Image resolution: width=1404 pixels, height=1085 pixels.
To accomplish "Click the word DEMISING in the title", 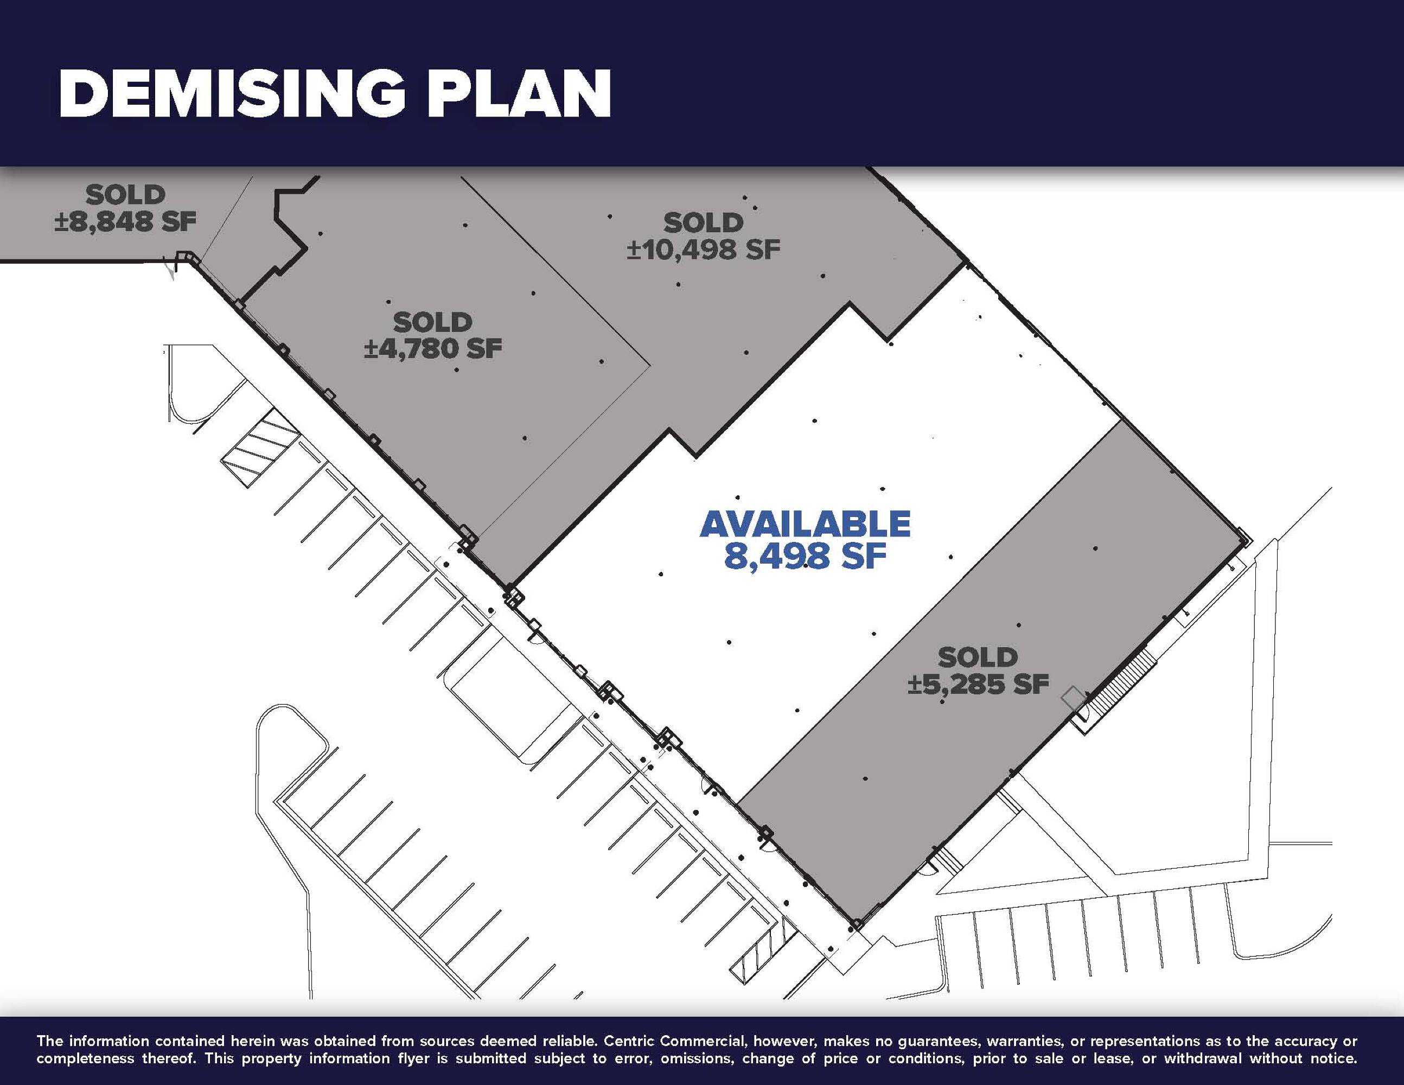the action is click(232, 94).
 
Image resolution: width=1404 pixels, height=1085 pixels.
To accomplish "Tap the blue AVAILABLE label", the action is click(806, 524).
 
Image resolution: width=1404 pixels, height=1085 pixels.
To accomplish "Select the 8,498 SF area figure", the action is click(806, 556).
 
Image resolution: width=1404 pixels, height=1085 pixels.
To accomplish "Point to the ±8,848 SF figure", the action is click(125, 222).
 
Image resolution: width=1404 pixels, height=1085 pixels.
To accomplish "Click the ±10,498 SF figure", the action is click(703, 250).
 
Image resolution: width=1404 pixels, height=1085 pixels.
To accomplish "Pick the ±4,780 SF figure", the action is click(432, 349).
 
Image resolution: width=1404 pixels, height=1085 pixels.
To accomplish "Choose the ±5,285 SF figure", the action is click(978, 685).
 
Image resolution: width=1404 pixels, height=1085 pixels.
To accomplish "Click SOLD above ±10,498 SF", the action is click(703, 223).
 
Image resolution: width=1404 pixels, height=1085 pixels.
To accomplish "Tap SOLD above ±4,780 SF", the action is click(432, 322).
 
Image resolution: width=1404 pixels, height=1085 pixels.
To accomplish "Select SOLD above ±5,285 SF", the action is click(978, 658).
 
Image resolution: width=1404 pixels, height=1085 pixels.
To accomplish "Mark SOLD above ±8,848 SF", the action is click(125, 194).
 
